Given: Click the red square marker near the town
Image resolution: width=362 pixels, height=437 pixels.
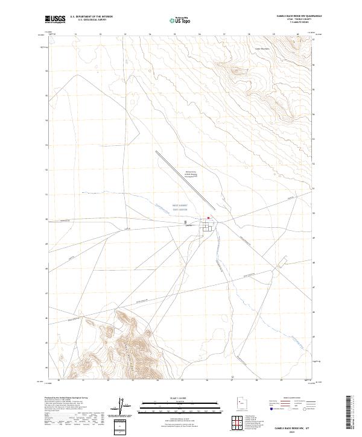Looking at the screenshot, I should tap(209, 218).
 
